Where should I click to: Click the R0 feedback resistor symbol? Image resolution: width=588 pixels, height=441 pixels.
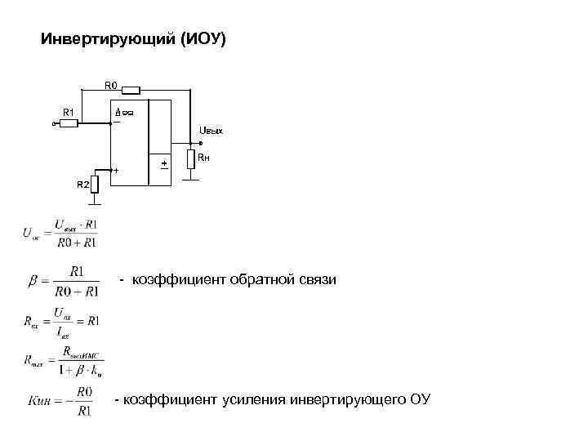(x=131, y=91)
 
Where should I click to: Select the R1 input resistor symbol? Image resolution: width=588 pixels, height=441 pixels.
(x=69, y=124)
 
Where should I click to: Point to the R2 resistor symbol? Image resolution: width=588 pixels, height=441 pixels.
(x=95, y=184)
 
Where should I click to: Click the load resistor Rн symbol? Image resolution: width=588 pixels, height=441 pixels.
(x=190, y=158)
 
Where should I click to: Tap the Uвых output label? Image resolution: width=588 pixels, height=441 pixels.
(x=211, y=131)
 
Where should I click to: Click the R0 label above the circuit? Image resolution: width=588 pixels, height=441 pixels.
(x=110, y=82)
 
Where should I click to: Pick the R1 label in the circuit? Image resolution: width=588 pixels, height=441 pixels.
(x=69, y=111)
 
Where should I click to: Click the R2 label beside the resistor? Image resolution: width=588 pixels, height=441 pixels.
(x=82, y=185)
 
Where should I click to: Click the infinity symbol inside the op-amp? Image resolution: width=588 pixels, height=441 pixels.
(x=128, y=111)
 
